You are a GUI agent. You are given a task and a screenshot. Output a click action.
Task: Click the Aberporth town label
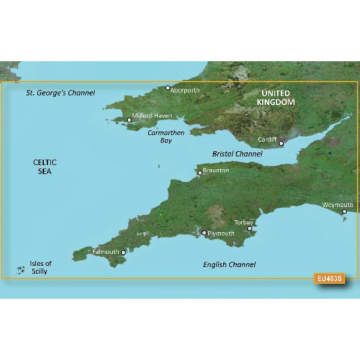pyautogui.click(x=185, y=91)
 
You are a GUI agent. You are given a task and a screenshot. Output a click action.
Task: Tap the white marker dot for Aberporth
pyautogui.click(x=168, y=88)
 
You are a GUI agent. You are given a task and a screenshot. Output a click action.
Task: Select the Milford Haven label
pyautogui.click(x=152, y=115)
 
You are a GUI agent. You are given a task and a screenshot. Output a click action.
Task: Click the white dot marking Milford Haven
pyautogui.click(x=129, y=120)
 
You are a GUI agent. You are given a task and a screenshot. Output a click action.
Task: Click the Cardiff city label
pyautogui.click(x=267, y=139)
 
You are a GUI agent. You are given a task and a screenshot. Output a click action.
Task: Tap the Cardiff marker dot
pyautogui.click(x=281, y=143)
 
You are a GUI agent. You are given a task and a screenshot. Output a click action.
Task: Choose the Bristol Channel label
pyautogui.click(x=238, y=154)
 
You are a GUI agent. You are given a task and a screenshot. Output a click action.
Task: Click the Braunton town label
pyautogui.click(x=216, y=170)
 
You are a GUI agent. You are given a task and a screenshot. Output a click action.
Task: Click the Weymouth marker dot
pyautogui.click(x=344, y=211)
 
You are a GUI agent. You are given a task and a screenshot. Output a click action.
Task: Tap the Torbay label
pyautogui.click(x=244, y=222)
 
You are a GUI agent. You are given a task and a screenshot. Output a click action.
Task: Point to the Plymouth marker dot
pyautogui.click(x=204, y=233)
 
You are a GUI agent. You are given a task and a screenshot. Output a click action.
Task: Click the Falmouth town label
pyautogui.click(x=106, y=251)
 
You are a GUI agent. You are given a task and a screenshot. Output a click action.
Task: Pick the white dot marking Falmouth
pyautogui.click(x=124, y=253)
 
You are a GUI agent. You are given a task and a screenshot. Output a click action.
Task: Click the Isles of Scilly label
pyautogui.click(x=41, y=268)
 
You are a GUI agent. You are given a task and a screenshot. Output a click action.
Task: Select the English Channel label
pyautogui.click(x=229, y=265)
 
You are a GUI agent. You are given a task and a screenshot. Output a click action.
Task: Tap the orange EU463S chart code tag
pyautogui.click(x=330, y=278)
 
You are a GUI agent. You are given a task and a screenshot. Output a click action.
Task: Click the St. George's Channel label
pyautogui.click(x=61, y=94)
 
